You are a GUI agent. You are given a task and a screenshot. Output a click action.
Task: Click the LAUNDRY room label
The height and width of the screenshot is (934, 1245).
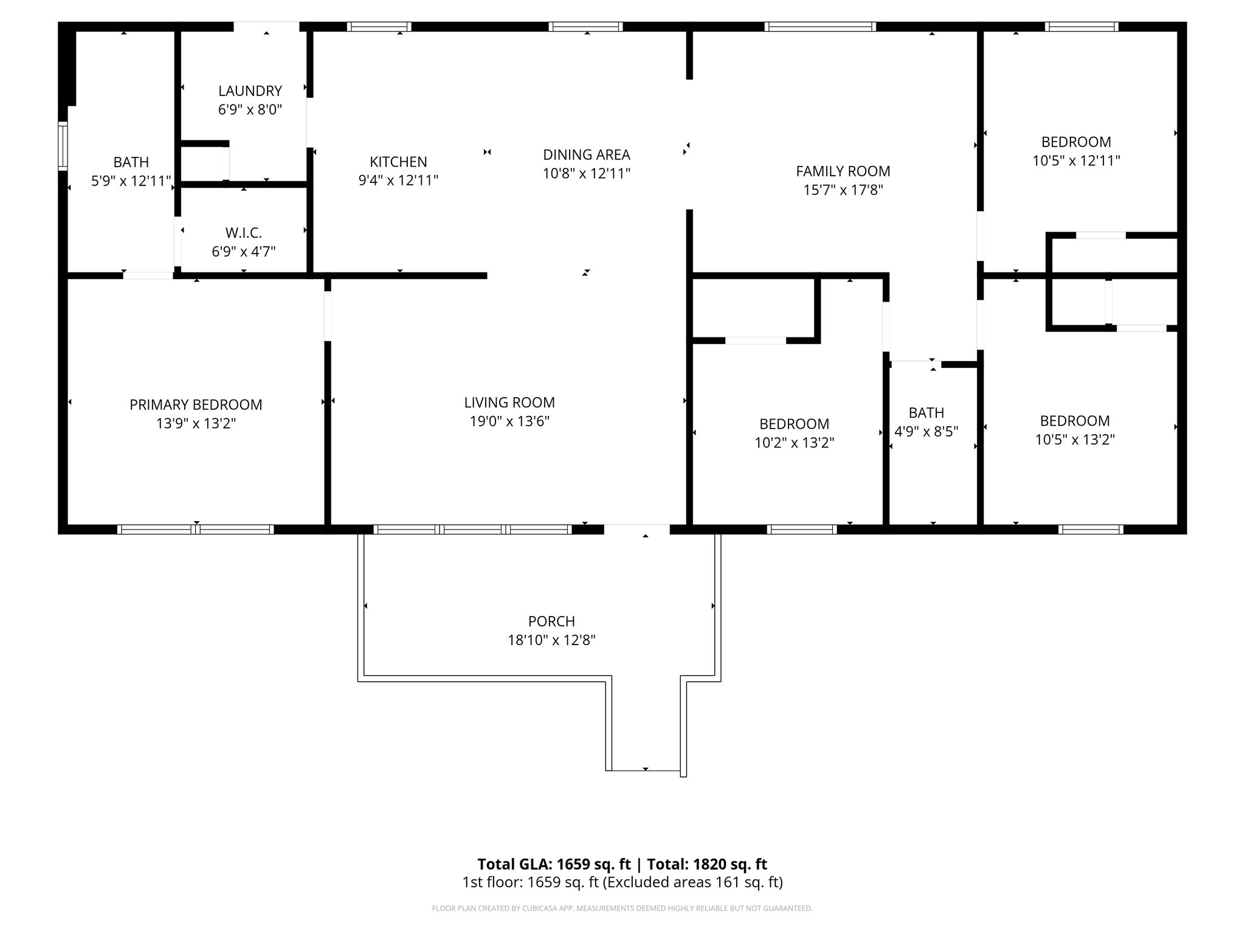pos(250,91)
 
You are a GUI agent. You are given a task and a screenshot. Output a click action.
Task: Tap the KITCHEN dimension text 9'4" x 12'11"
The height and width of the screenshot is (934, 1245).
pos(398,181)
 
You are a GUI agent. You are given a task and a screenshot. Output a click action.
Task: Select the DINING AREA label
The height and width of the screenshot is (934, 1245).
pos(586,154)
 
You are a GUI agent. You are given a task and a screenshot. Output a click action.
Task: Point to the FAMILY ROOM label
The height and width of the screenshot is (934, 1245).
pos(843,171)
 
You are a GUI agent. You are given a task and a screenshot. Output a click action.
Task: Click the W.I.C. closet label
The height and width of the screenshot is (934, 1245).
pos(243,233)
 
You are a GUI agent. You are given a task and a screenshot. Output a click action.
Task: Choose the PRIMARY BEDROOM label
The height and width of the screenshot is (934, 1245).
pos(196,404)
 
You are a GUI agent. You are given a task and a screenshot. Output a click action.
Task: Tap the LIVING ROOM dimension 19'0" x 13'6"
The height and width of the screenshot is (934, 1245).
pos(509,421)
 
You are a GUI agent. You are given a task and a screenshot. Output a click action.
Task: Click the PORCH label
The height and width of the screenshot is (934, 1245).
pos(551,621)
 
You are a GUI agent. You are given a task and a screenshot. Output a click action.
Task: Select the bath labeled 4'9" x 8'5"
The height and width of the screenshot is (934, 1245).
pos(926,422)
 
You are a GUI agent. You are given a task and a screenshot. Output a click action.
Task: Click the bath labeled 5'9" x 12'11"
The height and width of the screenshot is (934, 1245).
pos(131,171)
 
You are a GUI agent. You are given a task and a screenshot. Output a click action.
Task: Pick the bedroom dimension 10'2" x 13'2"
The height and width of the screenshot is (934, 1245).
pos(794,443)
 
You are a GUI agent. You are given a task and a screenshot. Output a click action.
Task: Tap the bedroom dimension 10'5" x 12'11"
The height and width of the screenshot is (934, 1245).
pos(1076,161)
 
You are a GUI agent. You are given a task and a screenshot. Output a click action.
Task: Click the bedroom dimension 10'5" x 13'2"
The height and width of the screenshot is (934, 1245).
pos(1074,440)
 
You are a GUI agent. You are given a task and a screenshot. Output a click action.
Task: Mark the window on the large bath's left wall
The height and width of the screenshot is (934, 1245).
pos(63,145)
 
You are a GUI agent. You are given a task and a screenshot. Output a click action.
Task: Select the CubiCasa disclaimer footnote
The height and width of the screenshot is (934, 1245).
pos(622,908)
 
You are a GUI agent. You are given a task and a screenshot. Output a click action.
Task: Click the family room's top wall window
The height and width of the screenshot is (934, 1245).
pos(819,27)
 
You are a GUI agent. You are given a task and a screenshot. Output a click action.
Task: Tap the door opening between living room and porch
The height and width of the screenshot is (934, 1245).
pos(636,529)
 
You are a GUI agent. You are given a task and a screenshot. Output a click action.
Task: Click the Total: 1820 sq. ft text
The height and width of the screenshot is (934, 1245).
pos(706,864)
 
